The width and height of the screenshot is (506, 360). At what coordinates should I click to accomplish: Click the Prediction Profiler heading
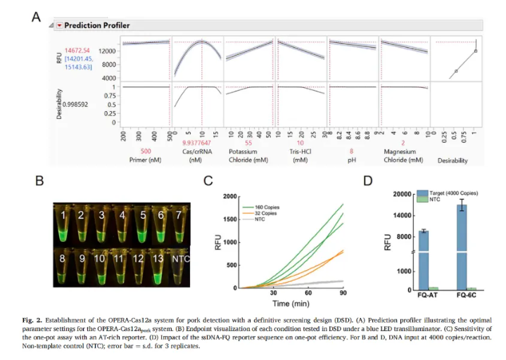pyautogui.click(x=97, y=25)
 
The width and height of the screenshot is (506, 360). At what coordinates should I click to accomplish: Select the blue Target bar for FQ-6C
pyautogui.click(x=463, y=246)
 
